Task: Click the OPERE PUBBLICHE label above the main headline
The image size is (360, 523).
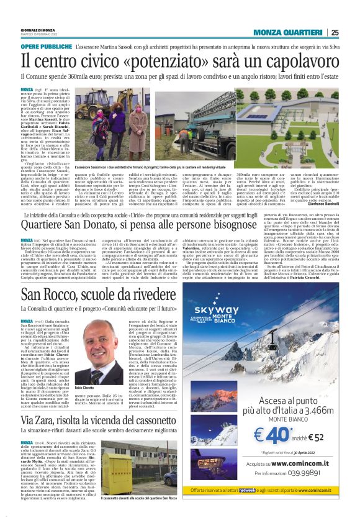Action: tap(46, 47)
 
